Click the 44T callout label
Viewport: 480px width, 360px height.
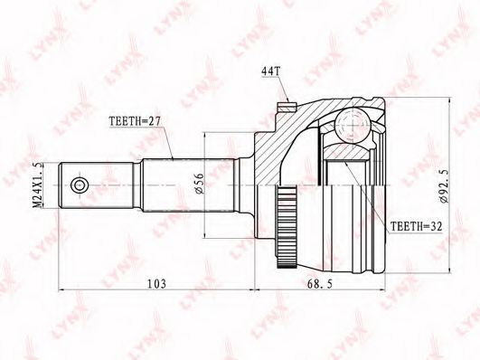(270, 71)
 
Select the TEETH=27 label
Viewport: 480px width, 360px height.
(135, 121)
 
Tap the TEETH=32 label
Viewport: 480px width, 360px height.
(417, 227)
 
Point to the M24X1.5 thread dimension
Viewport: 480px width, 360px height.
(37, 185)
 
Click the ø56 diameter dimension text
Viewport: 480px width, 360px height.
(199, 184)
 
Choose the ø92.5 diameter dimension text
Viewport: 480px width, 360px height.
(444, 185)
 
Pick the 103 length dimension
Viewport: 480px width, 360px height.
(156, 284)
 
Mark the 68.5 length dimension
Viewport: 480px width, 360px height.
(320, 284)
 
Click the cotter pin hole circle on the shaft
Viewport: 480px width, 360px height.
(80, 185)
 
